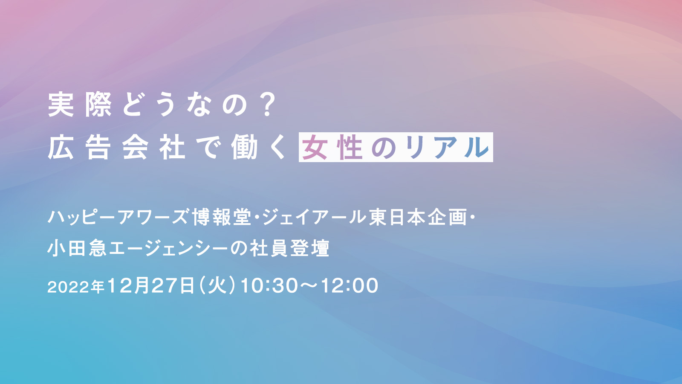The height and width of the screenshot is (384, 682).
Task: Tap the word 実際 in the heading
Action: coord(80,105)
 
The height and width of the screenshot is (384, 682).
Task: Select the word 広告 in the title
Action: coord(79,148)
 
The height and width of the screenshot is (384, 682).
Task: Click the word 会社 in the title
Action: coord(154,148)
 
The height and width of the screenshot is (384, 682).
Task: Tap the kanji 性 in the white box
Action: coord(350,148)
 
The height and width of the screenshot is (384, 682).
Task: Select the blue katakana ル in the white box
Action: coord(477,148)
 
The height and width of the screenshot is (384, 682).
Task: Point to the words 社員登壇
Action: coord(289,248)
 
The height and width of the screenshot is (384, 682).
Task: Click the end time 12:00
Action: coord(350,286)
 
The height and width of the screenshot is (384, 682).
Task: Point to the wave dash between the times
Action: coord(309,286)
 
